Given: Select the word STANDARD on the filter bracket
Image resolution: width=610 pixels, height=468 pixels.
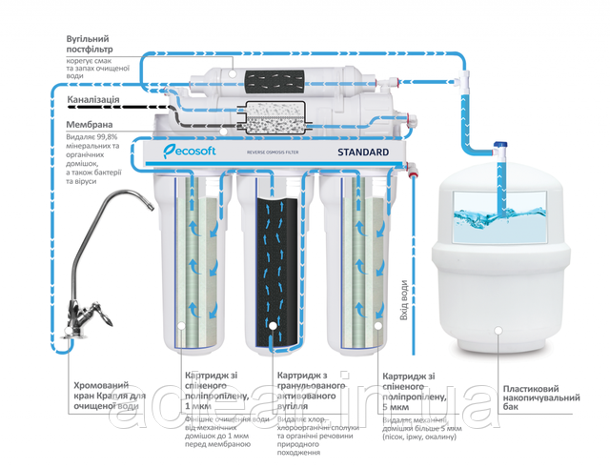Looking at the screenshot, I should click(361, 152).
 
